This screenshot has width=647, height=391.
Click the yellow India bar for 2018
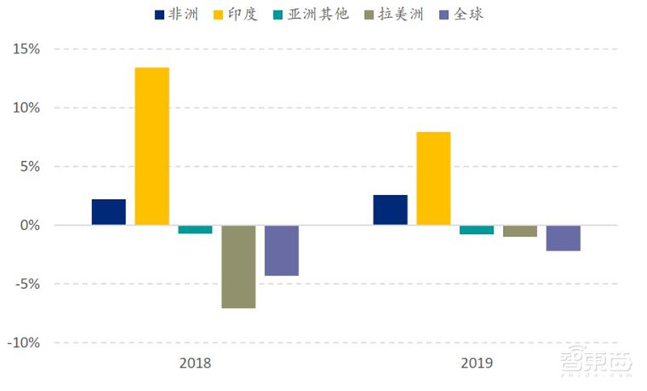point(152,146)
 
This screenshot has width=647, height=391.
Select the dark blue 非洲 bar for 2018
point(109,212)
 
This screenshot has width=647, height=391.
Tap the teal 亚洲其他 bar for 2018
point(195,229)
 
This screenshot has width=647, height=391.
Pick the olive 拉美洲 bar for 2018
point(239,266)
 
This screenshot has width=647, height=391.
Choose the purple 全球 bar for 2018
point(281,250)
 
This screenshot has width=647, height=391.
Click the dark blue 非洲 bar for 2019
point(391,210)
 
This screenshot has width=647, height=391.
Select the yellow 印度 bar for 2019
point(433,178)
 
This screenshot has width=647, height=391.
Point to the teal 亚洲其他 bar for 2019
point(476,230)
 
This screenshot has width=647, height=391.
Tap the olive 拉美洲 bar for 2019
point(520,231)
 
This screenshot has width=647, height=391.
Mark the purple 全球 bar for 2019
point(563,238)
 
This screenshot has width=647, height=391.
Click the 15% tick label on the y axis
point(26,49)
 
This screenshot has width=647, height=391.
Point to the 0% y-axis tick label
point(29,225)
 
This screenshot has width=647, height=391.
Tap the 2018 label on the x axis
point(195,363)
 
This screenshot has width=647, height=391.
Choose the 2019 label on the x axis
point(476,363)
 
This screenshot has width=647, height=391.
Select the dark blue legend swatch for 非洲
point(159,15)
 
